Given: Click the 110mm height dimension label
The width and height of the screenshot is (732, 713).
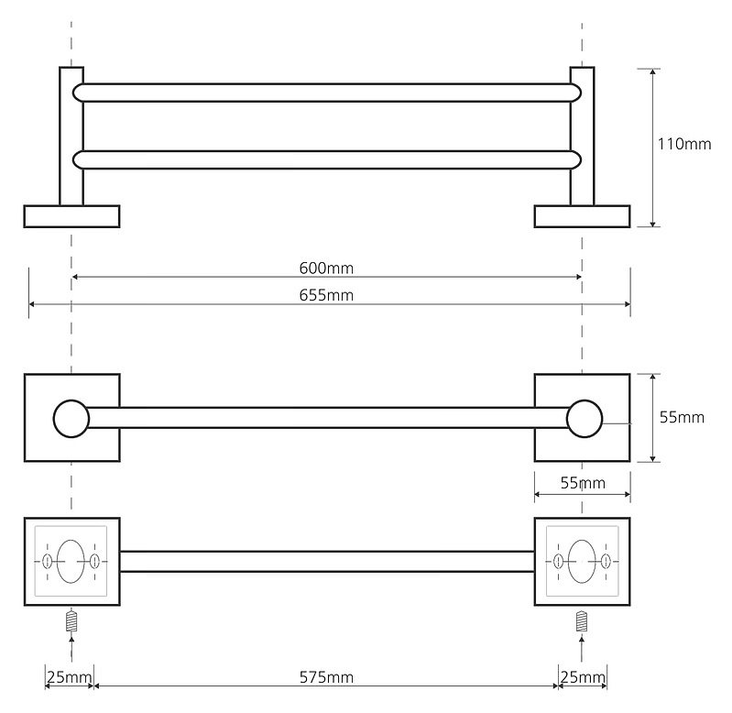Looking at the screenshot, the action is pos(684,144).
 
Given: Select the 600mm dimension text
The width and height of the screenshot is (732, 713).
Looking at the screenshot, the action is pos(326,268).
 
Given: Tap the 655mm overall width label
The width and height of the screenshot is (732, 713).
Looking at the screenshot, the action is pos(326,295).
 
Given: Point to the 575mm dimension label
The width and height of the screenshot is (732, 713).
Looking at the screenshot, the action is pos(326,677).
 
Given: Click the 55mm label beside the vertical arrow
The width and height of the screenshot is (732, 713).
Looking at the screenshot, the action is pos(682,417).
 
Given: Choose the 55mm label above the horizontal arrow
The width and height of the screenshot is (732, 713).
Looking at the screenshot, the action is pos(583,483).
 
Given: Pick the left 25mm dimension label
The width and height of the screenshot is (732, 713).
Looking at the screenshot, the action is pos(69,677).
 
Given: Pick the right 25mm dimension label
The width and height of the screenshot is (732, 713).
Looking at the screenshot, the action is pos(583,677).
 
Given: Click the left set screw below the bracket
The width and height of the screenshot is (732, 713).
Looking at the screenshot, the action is pos(71,621).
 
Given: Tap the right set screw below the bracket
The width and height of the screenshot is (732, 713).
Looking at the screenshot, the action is pos(581,621).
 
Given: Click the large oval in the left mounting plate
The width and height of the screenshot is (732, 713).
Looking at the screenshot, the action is pos(57,561).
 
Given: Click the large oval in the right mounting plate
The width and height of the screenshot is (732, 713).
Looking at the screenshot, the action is pos(568,561).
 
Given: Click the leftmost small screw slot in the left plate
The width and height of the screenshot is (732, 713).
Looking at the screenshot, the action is pos(47,561).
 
